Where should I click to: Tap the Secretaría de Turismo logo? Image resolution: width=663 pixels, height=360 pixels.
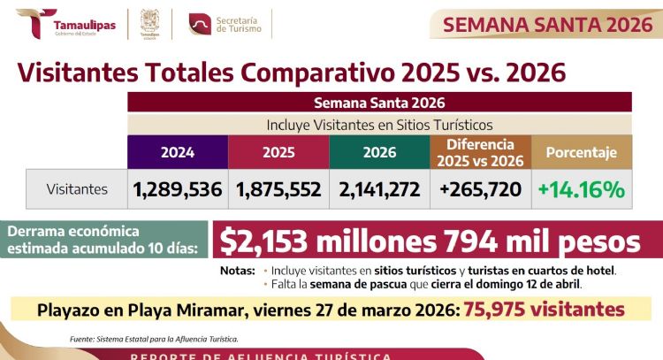(x=229, y=25)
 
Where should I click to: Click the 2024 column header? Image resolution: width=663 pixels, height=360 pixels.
(x=178, y=152)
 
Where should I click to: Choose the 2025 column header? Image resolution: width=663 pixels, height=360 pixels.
(x=278, y=152)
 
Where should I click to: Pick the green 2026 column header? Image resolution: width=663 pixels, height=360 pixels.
(x=379, y=152)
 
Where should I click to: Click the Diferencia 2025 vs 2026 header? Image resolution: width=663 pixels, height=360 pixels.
(x=480, y=152)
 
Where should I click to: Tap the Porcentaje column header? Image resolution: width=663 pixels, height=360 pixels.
(x=582, y=152)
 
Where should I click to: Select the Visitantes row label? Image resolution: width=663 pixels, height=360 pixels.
(x=77, y=189)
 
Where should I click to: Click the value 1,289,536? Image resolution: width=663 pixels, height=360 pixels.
(x=178, y=189)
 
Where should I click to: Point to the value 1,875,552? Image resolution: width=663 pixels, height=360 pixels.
(x=278, y=189)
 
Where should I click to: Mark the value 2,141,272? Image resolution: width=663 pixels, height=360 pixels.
(x=379, y=189)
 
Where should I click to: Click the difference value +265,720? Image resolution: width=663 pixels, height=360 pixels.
(x=480, y=189)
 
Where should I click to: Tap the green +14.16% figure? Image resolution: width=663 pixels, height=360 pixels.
(x=582, y=189)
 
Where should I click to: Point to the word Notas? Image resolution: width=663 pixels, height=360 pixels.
(x=236, y=270)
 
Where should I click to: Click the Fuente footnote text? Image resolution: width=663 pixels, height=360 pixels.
(x=154, y=339)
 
